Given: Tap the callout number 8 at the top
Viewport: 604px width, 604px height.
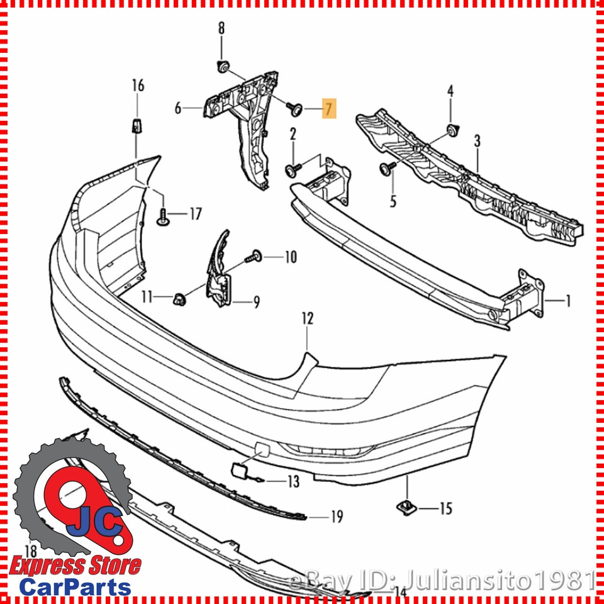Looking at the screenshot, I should tap(221, 28).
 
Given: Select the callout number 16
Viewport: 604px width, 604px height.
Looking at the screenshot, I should tap(138, 86).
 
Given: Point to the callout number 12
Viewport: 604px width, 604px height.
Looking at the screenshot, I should tap(306, 319).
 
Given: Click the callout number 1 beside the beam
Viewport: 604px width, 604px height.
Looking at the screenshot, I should tap(568, 302).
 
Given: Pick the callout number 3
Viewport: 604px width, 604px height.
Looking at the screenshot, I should tap(478, 142).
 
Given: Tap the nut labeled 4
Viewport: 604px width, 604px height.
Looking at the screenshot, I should tap(450, 130).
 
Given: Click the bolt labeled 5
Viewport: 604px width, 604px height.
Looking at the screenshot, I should tap(385, 167).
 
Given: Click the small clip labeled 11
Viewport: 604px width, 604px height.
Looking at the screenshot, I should tap(179, 297).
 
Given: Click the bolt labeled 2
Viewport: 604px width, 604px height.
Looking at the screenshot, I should tap(293, 169).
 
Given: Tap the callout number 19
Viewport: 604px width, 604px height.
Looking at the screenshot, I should tap(337, 517).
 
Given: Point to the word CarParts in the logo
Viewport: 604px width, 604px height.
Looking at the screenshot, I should tap(75, 586).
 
